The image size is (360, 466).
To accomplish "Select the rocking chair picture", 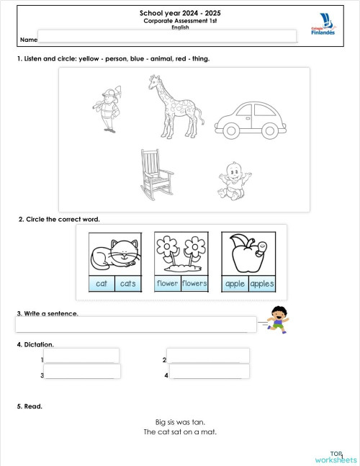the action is pyautogui.click(x=155, y=175).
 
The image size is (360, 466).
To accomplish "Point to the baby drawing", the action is pyautogui.click(x=233, y=181).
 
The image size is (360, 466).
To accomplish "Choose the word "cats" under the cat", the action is pyautogui.click(x=127, y=284).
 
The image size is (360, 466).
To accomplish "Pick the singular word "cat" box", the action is pyautogui.click(x=102, y=284).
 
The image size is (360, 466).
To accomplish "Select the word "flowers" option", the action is pyautogui.click(x=194, y=283).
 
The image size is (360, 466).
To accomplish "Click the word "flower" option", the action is pyautogui.click(x=168, y=283).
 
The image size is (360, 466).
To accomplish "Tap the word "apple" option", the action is pyautogui.click(x=235, y=284).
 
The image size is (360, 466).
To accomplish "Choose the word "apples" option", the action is pyautogui.click(x=261, y=284).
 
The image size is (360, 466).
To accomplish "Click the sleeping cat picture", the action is pyautogui.click(x=114, y=254).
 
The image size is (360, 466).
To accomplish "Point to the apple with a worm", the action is pyautogui.click(x=248, y=253).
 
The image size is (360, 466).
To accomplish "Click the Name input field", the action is pyautogui.click(x=167, y=37).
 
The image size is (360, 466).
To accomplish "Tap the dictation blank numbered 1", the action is pyautogui.click(x=82, y=357).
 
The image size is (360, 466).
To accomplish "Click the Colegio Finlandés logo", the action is pyautogui.click(x=323, y=26).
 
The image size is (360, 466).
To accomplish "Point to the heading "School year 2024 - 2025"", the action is pyautogui.click(x=180, y=13).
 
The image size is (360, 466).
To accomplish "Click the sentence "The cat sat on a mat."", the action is pyautogui.click(x=180, y=432).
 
